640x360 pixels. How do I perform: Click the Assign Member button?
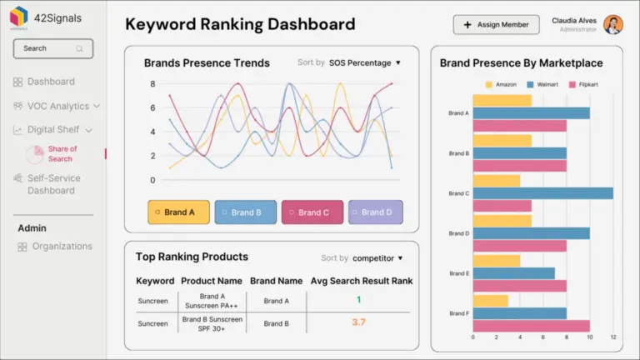496,25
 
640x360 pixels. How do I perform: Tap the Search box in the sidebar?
52,48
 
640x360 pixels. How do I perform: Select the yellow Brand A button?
178,212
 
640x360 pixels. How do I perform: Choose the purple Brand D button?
375,212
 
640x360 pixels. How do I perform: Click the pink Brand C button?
312,212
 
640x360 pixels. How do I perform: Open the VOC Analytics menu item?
57,106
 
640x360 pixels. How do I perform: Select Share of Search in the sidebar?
61,154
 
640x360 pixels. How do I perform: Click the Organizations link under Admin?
62,247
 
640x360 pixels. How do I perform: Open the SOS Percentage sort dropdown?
364,62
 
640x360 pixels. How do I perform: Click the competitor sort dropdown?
377,258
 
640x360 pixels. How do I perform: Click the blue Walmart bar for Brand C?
542,193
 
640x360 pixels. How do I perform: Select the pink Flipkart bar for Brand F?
531,326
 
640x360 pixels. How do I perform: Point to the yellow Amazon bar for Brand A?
502,101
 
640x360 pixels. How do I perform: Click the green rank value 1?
358,300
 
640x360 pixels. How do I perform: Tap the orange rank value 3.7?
358,322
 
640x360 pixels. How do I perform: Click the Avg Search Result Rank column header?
361,281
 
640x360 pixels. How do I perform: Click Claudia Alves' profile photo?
613,25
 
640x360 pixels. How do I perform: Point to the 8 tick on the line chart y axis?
152,84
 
